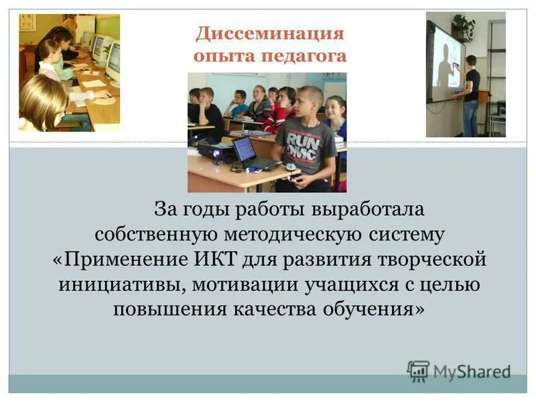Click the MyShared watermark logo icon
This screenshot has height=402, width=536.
(x=418, y=371)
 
